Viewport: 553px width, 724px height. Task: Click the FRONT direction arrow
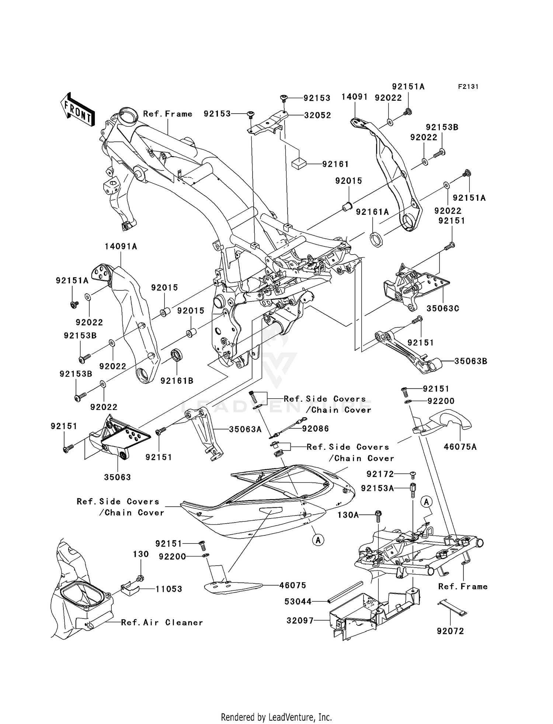[x=77, y=110]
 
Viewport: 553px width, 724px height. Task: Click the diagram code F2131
[x=468, y=87]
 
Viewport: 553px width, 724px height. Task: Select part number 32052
[x=317, y=115]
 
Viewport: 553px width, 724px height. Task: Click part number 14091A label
[x=121, y=246]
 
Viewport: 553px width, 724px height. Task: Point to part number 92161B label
[x=177, y=380]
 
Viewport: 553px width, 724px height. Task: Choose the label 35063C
[x=443, y=308]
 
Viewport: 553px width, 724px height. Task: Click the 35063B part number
[x=470, y=361]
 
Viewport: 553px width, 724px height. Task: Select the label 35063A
[x=245, y=429]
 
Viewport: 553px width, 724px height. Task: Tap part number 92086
[x=315, y=429]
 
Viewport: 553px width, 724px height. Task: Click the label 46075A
[x=460, y=447]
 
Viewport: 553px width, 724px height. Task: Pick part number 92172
[x=380, y=474]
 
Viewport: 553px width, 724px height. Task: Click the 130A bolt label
[x=348, y=515]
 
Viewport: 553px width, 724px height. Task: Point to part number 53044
[x=298, y=602]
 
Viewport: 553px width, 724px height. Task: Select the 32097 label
[x=300, y=621]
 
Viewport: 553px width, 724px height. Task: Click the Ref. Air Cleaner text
[x=162, y=623]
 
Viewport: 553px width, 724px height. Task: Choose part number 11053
[x=168, y=589]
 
